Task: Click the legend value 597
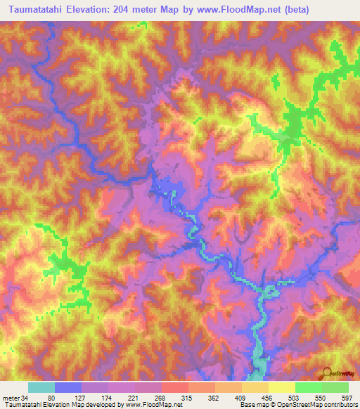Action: coord(347,397)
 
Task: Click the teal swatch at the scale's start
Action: coord(41,387)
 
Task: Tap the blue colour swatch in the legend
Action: coord(68,387)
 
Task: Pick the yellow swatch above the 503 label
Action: coord(281,387)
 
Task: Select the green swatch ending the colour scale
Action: coord(335,387)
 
